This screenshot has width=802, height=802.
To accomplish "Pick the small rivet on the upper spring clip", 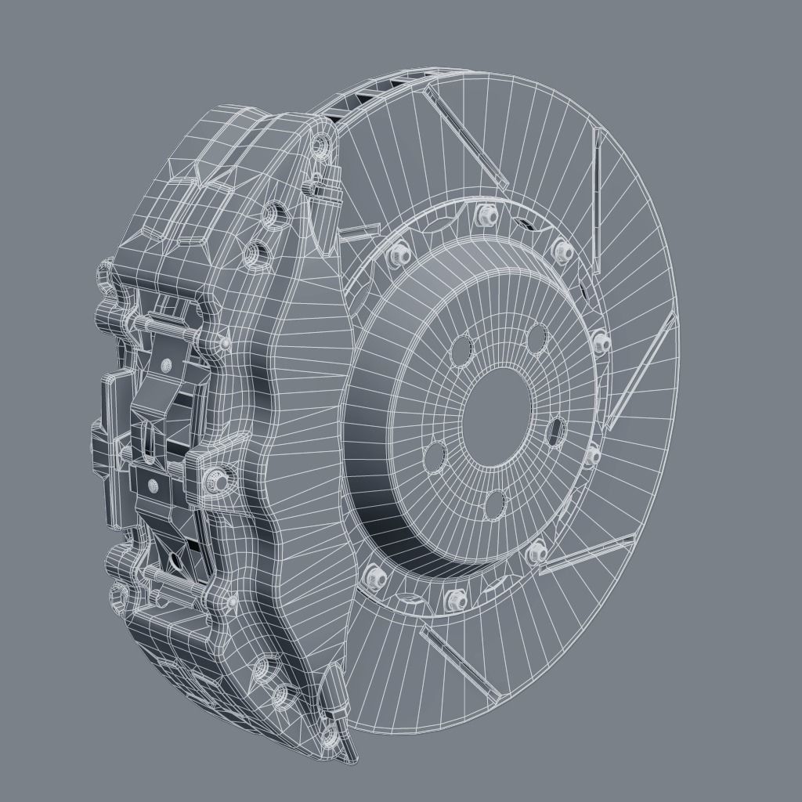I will point(166,366).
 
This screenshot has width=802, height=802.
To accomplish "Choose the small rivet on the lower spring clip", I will point(154,486).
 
